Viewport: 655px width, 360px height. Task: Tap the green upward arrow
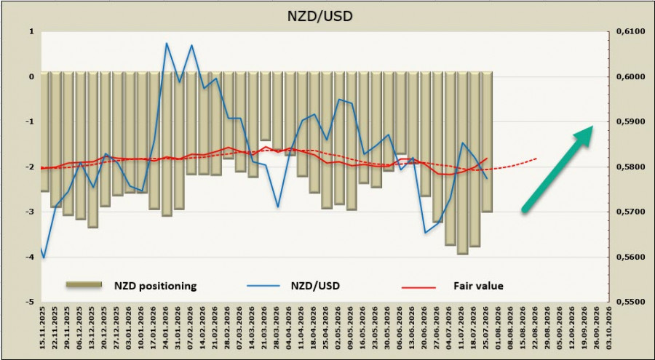coord(558,169)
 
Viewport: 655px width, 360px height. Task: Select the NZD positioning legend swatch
coord(84,284)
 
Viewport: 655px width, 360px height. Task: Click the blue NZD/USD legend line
coord(263,286)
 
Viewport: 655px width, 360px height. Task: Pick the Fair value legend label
coord(478,286)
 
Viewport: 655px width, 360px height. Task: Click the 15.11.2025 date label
coord(44,329)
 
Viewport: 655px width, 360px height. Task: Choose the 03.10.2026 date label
coord(608,329)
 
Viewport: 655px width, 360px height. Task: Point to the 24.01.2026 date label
coord(167,329)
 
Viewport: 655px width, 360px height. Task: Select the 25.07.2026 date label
coord(486,329)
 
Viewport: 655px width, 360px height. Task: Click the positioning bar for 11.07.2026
coord(462,163)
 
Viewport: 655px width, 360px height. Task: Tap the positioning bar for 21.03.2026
coord(266,106)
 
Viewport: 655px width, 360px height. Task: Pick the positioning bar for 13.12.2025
coord(93,150)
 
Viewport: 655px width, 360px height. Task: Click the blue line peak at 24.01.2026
coord(166,43)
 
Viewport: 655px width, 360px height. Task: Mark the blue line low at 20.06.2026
coord(425,233)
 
